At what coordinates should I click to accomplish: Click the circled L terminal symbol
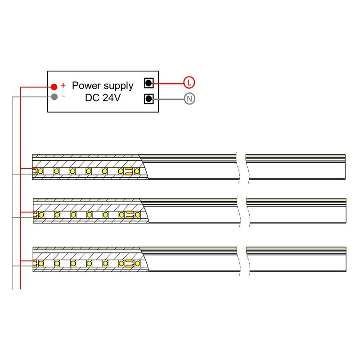[x=189, y=82]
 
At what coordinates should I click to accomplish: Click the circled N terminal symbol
[x=189, y=99]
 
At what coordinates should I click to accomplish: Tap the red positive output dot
[x=54, y=86]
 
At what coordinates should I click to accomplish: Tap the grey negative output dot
[x=54, y=96]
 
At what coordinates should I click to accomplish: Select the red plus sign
[x=63, y=85]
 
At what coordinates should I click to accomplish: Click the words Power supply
[x=103, y=85]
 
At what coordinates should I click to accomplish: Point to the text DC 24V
[x=103, y=97]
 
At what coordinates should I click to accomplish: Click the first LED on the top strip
[x=40, y=171]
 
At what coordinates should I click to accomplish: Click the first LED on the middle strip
[x=40, y=215]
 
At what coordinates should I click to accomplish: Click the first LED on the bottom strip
[x=40, y=263]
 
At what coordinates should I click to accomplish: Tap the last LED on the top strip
[x=137, y=171]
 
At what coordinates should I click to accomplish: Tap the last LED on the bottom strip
[x=137, y=263]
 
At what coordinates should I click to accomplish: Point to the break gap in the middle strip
[x=242, y=211]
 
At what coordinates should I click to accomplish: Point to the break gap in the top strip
[x=242, y=167]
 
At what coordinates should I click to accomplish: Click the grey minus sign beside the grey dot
[x=63, y=96]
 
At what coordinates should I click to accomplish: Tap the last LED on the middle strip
[x=137, y=215]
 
